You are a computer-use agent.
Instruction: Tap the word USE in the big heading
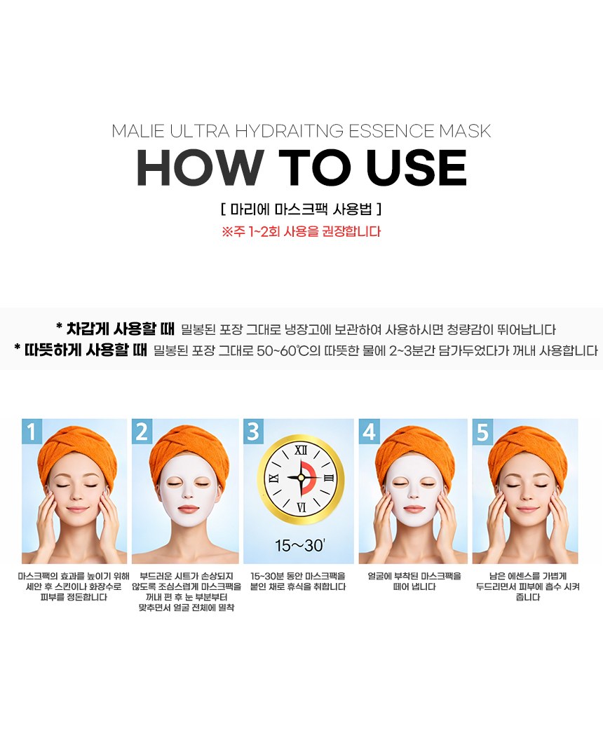(416, 168)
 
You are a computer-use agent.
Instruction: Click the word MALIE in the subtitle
(138, 131)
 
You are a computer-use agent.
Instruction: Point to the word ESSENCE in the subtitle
(392, 131)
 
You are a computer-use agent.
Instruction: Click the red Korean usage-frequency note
(301, 231)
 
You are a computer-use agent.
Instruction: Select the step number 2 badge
(142, 430)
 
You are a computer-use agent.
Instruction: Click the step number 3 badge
(253, 430)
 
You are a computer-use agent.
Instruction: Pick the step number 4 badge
(370, 430)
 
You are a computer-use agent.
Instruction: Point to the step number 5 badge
(483, 430)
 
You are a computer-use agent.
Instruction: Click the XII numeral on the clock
(301, 451)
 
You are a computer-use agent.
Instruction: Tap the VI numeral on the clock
(301, 507)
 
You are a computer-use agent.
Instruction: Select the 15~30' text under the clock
(300, 545)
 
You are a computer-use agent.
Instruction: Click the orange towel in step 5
(527, 446)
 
